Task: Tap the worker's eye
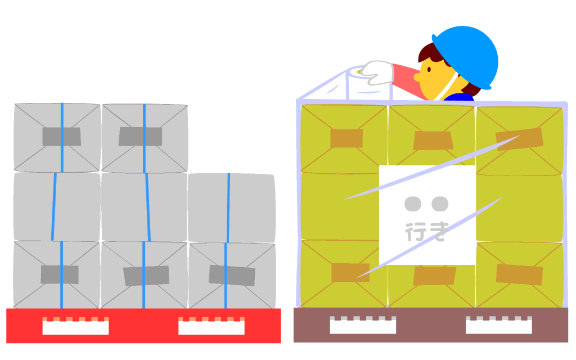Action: tap(429, 69)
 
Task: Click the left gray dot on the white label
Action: tap(413, 204)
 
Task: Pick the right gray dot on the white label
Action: tap(440, 204)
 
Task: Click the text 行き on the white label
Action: tap(427, 232)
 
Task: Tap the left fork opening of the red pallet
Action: tap(75, 326)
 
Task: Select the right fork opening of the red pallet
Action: tap(211, 326)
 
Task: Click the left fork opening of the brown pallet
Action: tap(363, 325)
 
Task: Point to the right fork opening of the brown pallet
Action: tap(499, 325)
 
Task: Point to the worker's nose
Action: tap(417, 77)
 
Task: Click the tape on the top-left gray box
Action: tap(61, 137)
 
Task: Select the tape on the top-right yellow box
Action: tap(519, 139)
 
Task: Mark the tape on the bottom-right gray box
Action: tap(232, 276)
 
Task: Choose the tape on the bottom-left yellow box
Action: tap(350, 273)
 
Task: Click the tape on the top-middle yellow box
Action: tap(433, 141)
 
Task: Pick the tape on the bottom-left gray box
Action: tap(60, 274)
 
